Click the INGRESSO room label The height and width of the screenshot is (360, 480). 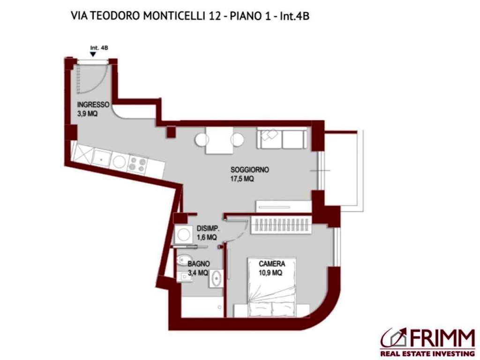point(93,105)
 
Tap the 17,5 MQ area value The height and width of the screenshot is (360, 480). point(242,179)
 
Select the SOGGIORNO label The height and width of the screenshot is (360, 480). point(249,170)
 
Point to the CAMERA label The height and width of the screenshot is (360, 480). point(272,264)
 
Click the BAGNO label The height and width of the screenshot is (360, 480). point(199,264)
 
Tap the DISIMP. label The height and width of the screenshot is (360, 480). point(208,228)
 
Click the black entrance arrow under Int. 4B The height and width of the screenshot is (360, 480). point(93,54)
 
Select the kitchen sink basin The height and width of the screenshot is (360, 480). point(101,158)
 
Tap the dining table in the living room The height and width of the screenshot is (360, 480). point(219,141)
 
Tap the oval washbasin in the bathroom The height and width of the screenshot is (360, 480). point(217,278)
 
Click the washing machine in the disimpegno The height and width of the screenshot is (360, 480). point(183,235)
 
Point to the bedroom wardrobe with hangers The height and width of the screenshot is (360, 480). point(282,225)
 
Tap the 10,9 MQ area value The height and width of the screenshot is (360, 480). point(270,273)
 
